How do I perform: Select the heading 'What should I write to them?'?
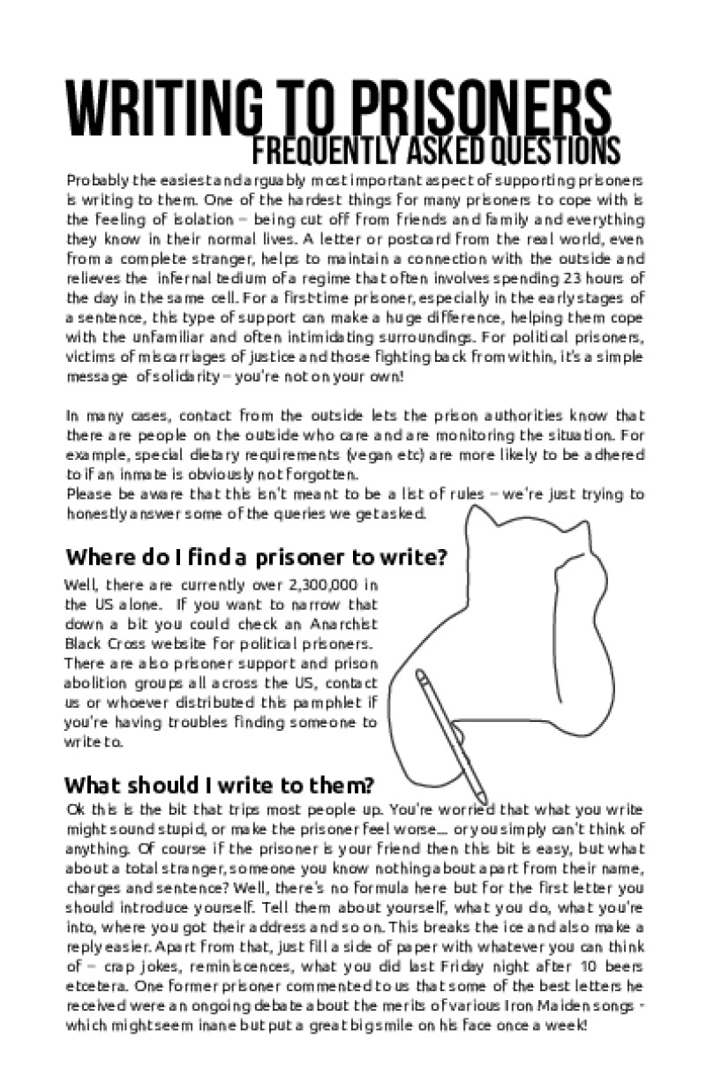pyautogui.click(x=221, y=784)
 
